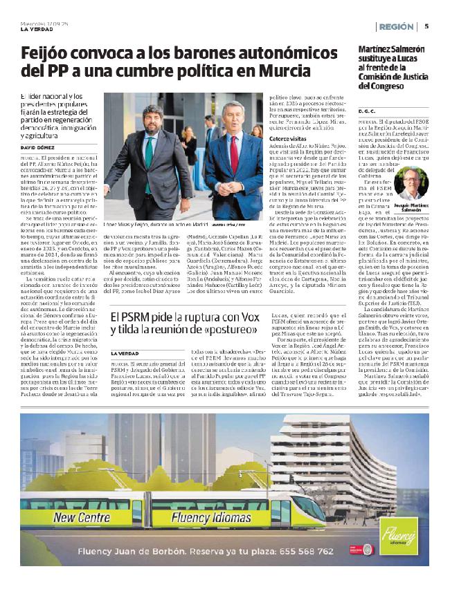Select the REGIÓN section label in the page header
pyautogui.click(x=397, y=26)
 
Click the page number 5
pyautogui.click(x=427, y=26)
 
